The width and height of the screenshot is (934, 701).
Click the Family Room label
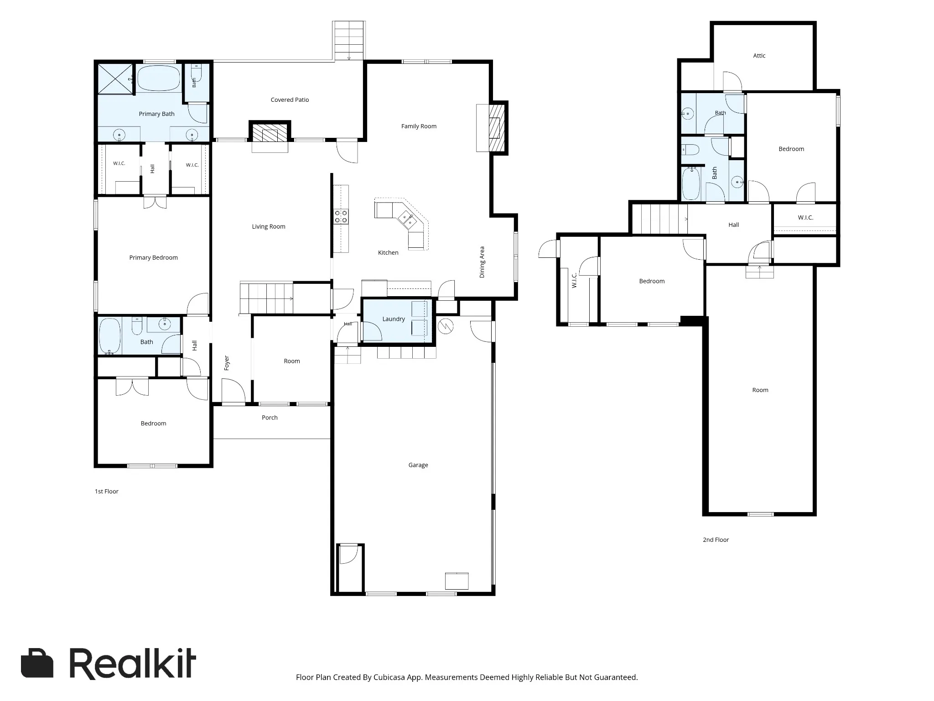click(x=419, y=126)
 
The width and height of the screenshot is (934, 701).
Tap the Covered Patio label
click(x=290, y=100)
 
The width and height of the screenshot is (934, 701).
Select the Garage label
click(x=418, y=465)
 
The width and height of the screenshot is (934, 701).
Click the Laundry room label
click(x=394, y=319)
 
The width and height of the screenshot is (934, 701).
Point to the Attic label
click(x=759, y=56)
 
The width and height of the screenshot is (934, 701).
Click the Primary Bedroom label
click(x=153, y=258)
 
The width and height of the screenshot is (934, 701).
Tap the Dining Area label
click(x=482, y=262)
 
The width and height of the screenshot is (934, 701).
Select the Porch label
click(x=270, y=418)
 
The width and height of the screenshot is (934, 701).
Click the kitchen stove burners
click(x=341, y=216)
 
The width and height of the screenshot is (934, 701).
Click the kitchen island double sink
click(x=407, y=220)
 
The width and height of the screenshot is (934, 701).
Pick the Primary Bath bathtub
click(x=159, y=78)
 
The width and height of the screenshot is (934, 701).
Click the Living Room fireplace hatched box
click(x=270, y=132)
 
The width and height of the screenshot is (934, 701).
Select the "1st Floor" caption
click(x=106, y=492)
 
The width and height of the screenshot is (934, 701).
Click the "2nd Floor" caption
click(x=716, y=540)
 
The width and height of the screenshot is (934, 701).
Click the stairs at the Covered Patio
click(x=349, y=41)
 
